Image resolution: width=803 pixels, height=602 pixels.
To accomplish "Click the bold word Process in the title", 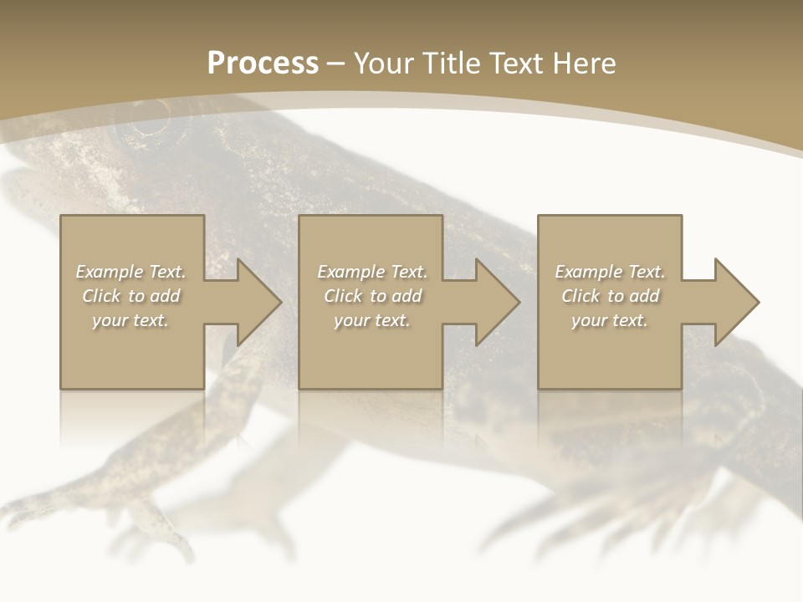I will coord(263,64).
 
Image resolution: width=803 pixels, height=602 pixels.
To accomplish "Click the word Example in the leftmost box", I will coord(110,272).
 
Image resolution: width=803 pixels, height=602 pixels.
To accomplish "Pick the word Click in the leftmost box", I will coord(102,296).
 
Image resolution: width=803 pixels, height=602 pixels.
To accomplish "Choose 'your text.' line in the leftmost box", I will coord(130,320).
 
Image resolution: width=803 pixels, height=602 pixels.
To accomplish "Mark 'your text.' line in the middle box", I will coord(371,320).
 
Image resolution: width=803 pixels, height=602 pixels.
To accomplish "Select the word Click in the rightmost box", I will coord(581,296).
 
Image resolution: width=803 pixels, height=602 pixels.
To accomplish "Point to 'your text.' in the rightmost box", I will coord(609,320).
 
